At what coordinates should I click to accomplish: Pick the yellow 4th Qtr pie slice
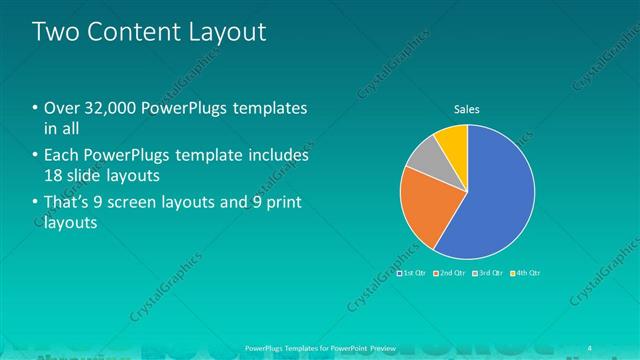coord(453,140)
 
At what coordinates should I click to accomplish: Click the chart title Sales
coord(467,109)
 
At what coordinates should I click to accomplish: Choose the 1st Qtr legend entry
coord(412,272)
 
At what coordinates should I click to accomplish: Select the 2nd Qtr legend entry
coord(450,272)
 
